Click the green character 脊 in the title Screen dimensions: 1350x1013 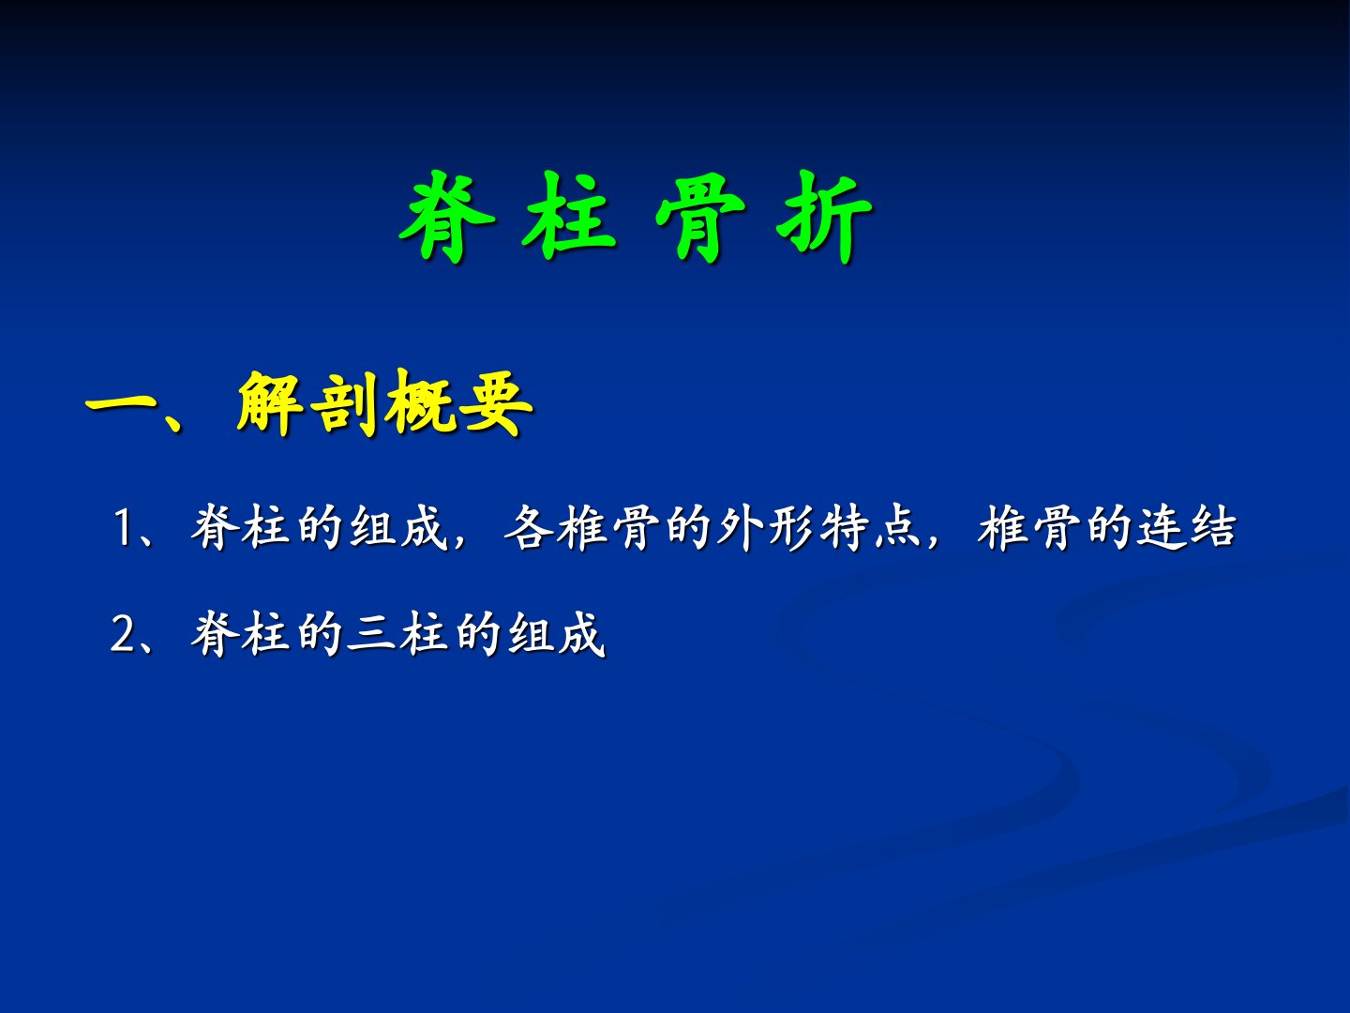click(447, 217)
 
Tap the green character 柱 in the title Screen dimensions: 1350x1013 click(569, 217)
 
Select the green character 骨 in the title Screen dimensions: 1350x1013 click(700, 217)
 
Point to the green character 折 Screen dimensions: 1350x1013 click(824, 217)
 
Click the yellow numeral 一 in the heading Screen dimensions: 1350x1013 click(123, 407)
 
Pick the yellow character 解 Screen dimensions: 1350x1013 click(270, 403)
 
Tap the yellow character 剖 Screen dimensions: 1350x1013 click(344, 403)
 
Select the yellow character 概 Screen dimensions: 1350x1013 click(421, 403)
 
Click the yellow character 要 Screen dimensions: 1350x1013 click(498, 403)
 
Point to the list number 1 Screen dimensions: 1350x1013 click(123, 528)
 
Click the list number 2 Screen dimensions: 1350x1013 click(123, 634)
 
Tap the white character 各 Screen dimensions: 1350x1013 click(529, 527)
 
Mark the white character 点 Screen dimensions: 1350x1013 click(897, 527)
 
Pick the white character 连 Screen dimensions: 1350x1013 click(1162, 527)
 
